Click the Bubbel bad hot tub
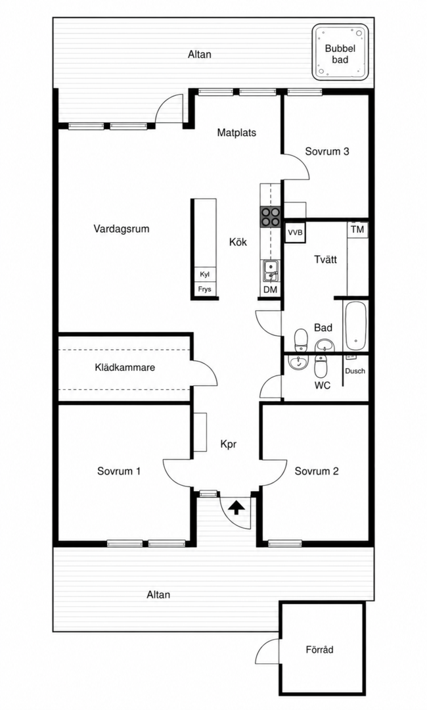(340, 53)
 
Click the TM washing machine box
(357, 229)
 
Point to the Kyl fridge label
(204, 274)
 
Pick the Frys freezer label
(204, 289)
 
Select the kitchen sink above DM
(271, 272)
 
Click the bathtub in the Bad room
(356, 325)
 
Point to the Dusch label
(355, 371)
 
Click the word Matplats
(236, 133)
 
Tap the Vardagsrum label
(122, 229)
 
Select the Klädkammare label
(125, 367)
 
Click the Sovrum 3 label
(327, 151)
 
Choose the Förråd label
(319, 650)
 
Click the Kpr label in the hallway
(229, 444)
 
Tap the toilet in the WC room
(321, 366)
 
